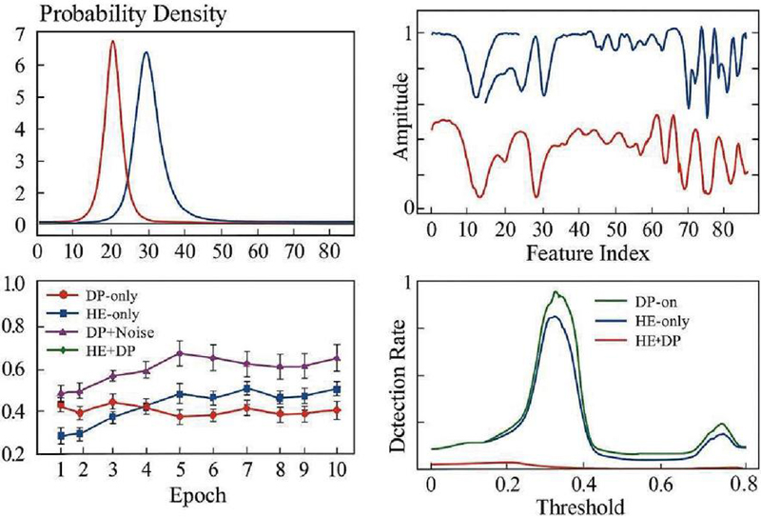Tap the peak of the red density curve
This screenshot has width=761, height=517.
point(113,41)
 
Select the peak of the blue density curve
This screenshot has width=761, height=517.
point(146,52)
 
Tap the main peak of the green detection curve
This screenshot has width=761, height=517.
point(556,293)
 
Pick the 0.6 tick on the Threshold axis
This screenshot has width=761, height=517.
point(655,484)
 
